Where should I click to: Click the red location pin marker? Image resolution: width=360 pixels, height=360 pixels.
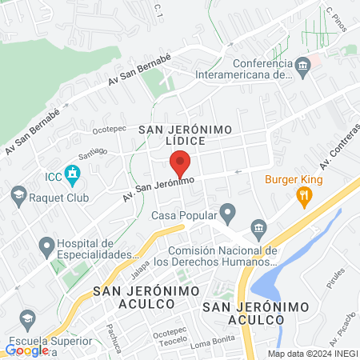(x=180, y=164)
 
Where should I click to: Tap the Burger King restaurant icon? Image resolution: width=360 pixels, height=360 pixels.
(x=303, y=195)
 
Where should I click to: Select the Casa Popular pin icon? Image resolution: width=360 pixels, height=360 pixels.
(x=229, y=214)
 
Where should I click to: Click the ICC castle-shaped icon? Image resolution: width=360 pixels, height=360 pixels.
(x=72, y=173)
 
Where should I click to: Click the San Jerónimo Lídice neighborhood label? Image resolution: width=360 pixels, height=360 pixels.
(x=185, y=134)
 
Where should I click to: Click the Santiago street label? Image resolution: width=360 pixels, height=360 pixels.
(x=92, y=151)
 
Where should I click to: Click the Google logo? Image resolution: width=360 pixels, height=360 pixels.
(x=26, y=350)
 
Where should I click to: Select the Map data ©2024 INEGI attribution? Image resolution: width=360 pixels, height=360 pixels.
(x=312, y=354)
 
